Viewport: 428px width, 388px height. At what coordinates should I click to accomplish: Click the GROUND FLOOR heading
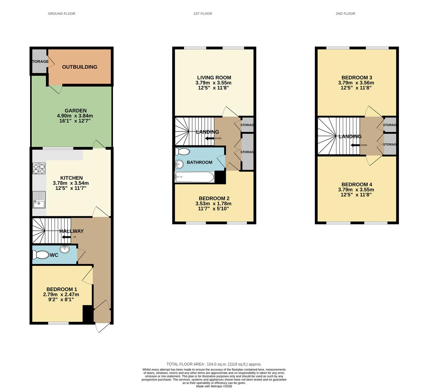tap(61, 14)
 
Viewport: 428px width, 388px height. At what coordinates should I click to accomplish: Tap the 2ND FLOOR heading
tap(345, 14)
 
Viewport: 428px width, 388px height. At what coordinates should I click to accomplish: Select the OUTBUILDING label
tap(79, 67)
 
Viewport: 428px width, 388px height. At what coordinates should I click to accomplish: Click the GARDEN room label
tap(75, 111)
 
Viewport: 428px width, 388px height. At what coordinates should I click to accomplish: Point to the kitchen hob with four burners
tap(39, 168)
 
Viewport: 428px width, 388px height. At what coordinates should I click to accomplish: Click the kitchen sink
tap(38, 200)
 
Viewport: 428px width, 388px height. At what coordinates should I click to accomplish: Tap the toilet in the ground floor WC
tap(40, 255)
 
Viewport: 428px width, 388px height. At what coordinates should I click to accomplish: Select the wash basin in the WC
tap(65, 249)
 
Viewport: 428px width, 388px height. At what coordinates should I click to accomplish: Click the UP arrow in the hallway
tap(66, 237)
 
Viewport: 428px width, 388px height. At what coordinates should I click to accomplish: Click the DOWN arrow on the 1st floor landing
tap(210, 138)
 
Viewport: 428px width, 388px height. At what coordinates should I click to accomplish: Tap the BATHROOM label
tap(199, 162)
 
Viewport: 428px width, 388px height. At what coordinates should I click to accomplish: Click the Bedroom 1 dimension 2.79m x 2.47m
tap(61, 295)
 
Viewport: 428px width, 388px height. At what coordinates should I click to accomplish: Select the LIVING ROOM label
tap(214, 78)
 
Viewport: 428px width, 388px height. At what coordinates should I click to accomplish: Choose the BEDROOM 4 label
tap(356, 184)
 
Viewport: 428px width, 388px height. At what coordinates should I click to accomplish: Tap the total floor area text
tap(214, 364)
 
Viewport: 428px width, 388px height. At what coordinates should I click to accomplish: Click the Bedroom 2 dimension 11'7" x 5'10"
tap(214, 208)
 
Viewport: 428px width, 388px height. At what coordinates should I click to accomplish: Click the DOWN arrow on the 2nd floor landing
tap(355, 145)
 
